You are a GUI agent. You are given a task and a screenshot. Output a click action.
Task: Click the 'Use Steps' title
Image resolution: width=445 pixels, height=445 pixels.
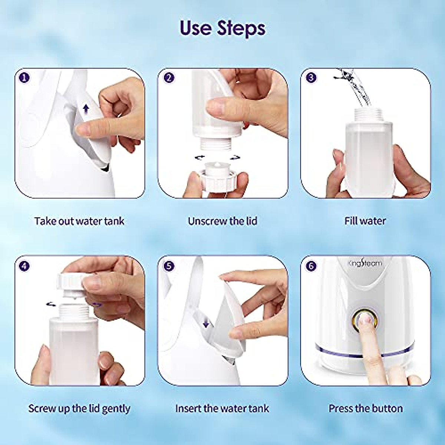coord(222,28)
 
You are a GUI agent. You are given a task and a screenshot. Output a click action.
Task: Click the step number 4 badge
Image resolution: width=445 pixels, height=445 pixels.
coord(25,266)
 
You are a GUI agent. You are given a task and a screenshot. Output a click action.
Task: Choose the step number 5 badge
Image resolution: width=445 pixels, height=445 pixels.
coord(169,266)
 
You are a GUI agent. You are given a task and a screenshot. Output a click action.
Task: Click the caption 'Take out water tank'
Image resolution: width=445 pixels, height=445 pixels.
coord(79,221)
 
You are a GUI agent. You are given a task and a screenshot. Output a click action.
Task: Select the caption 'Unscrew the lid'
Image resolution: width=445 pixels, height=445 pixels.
coord(222,221)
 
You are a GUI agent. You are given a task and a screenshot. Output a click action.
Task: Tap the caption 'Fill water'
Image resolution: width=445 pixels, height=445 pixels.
coord(365,221)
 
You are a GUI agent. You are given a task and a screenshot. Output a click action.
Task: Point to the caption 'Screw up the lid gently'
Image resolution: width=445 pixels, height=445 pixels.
coord(79,409)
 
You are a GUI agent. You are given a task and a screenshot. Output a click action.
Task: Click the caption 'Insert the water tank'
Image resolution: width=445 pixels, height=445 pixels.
coord(222,409)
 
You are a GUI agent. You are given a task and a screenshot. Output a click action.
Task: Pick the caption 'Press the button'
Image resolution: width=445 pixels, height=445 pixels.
coord(365,409)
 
